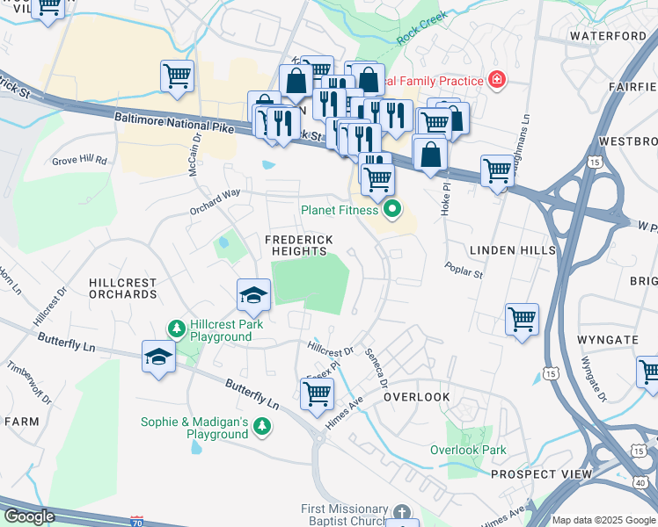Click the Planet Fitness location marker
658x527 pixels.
[x=392, y=210]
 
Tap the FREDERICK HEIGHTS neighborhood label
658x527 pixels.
[x=299, y=245]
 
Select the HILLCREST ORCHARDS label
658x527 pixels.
[x=122, y=289]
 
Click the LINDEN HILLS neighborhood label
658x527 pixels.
[x=513, y=250]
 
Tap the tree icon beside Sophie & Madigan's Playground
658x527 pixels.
[x=261, y=427]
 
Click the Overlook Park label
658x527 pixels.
[x=468, y=450]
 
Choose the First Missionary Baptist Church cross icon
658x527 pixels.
[x=401, y=511]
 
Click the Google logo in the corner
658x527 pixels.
[x=28, y=516]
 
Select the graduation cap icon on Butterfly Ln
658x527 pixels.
[x=158, y=357]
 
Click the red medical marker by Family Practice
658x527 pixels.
[x=497, y=80]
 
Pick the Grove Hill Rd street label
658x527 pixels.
[x=79, y=161]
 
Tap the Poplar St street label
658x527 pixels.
[x=464, y=270]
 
